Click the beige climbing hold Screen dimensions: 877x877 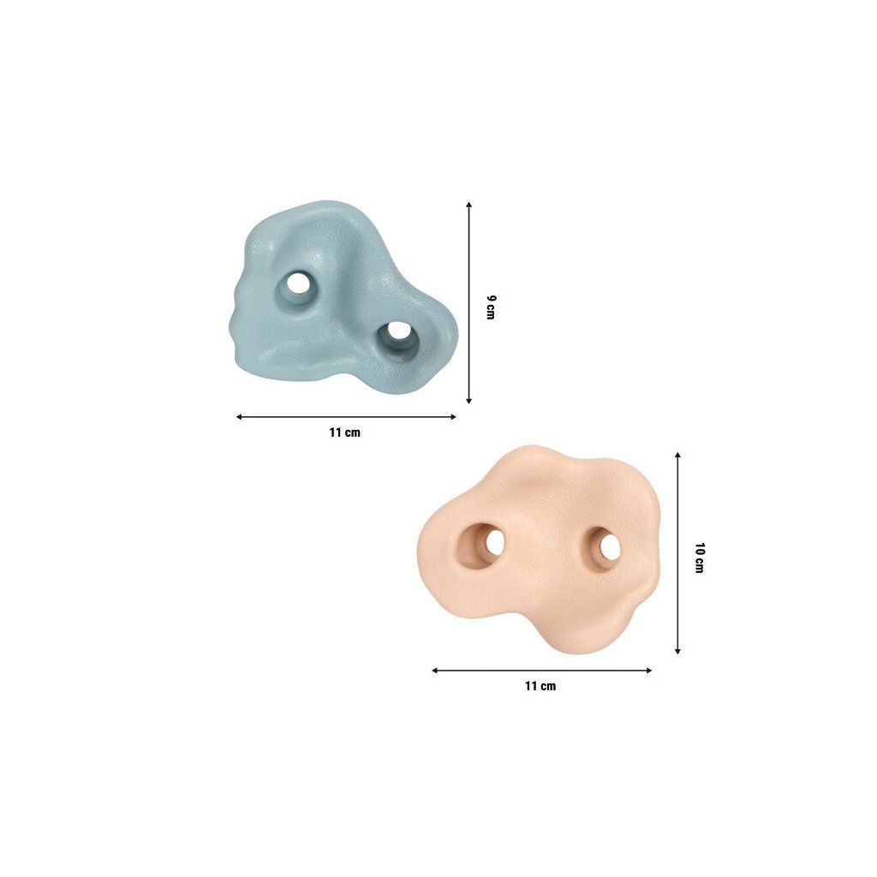[x=540, y=551]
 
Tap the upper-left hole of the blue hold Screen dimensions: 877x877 [x=298, y=283]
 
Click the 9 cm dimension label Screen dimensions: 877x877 [x=491, y=307]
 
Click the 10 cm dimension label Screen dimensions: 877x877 [x=699, y=558]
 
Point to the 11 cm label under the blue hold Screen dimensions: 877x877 [x=344, y=433]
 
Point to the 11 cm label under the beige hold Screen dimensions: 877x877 [x=540, y=686]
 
